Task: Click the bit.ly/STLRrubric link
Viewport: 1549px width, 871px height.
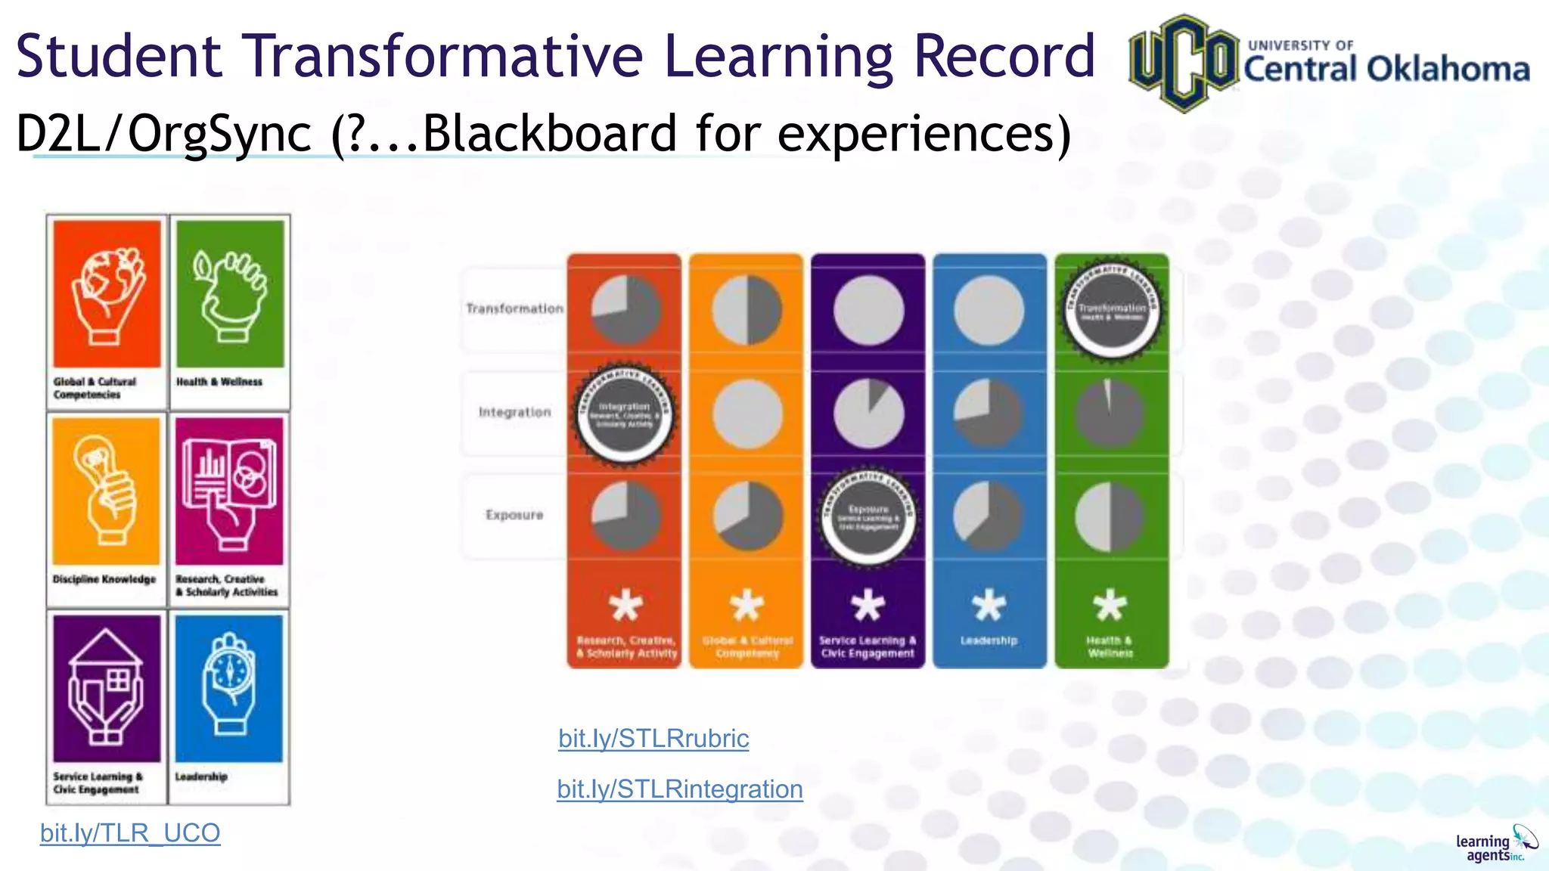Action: [x=653, y=739]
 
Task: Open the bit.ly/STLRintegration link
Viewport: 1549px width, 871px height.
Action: [x=679, y=789]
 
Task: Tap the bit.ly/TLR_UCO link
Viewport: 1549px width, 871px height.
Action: [x=130, y=833]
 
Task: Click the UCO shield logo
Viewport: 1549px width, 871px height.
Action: [x=1183, y=63]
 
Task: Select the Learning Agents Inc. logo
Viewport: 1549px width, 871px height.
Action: [x=1496, y=845]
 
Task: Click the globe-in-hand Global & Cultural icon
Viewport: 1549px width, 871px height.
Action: [x=107, y=294]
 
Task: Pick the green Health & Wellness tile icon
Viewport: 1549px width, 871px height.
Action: [x=230, y=294]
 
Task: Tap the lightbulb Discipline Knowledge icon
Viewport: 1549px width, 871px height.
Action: [x=107, y=491]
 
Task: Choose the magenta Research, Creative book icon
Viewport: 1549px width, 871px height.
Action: [x=229, y=491]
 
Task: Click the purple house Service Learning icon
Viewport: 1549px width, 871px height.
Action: [x=107, y=688]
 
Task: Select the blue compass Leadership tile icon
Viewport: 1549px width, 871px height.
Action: [x=229, y=688]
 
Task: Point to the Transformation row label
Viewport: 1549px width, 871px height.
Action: [x=514, y=308]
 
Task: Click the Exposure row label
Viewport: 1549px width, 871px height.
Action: [x=514, y=515]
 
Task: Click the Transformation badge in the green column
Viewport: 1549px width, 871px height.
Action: [x=1111, y=310]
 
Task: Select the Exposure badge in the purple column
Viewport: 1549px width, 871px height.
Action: [x=868, y=517]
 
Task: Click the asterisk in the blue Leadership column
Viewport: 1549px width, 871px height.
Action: [x=989, y=606]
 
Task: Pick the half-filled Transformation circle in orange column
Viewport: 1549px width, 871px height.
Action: [x=747, y=310]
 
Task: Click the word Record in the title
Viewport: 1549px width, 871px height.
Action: [x=1004, y=56]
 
